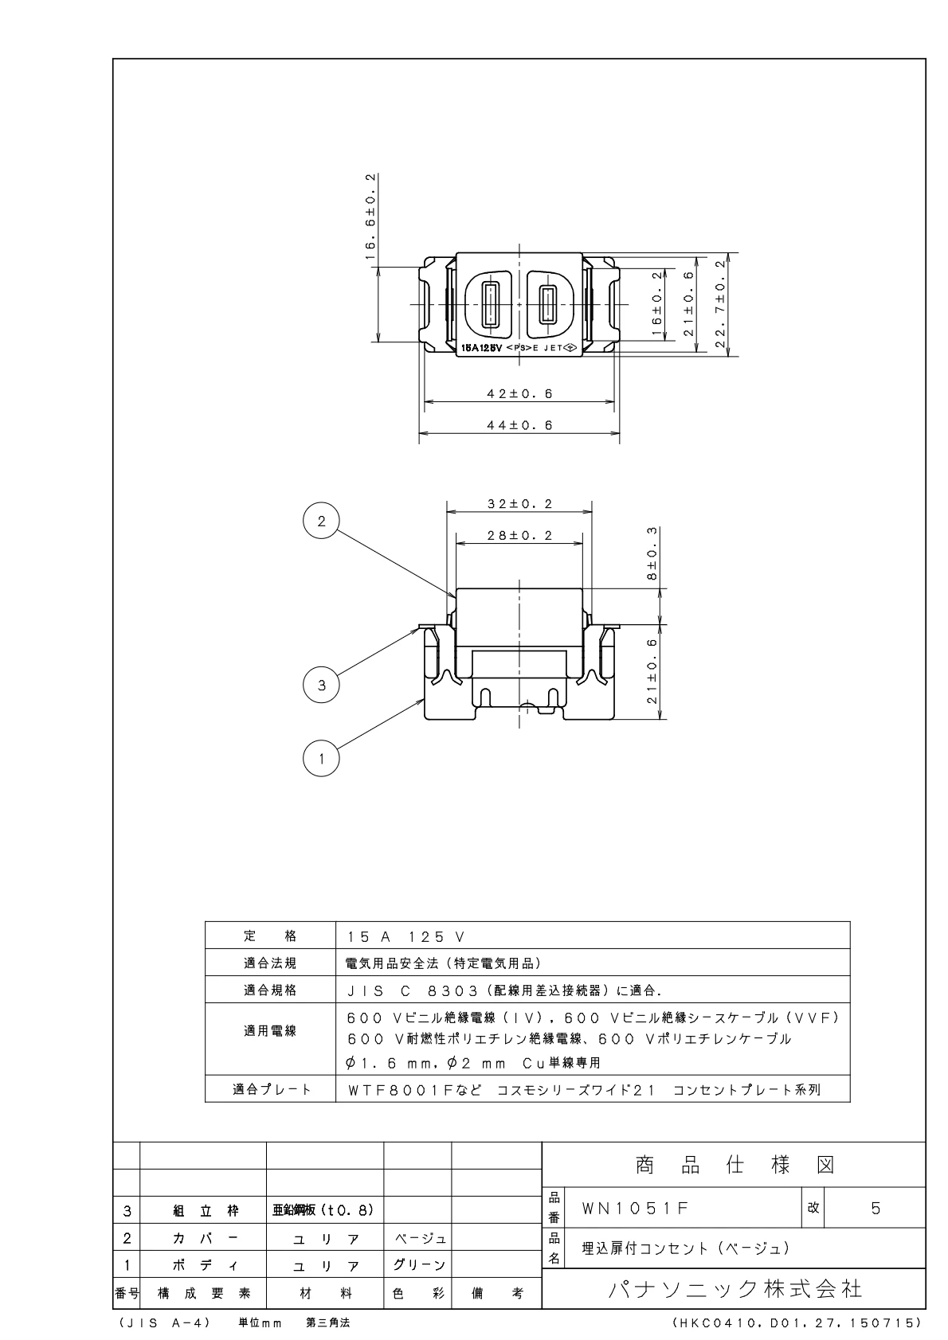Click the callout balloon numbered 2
coord(321,522)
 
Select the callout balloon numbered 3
coord(321,685)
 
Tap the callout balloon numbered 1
coord(321,759)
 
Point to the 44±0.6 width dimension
coord(519,425)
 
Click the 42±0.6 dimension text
coord(519,393)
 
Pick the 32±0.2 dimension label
coord(519,504)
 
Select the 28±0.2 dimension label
coord(519,536)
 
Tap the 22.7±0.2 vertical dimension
coord(722,303)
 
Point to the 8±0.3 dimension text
coord(652,553)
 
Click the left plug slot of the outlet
coord(490,303)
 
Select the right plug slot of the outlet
coord(547,303)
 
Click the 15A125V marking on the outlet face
coord(482,348)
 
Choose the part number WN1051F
coord(635,1208)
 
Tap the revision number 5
coord(876,1208)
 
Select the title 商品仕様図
coord(735,1166)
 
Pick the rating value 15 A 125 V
coord(405,936)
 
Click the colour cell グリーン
coord(418,1264)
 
